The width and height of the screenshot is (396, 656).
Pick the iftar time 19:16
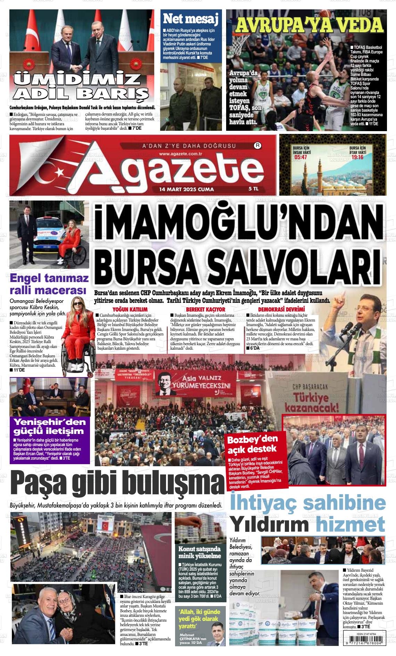(357, 157)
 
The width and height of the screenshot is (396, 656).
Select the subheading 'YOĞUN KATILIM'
(130, 309)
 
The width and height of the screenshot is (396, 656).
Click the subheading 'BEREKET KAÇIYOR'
(205, 309)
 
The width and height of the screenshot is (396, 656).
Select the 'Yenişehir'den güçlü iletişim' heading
(49, 426)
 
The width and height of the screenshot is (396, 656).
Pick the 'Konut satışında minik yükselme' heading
(199, 552)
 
